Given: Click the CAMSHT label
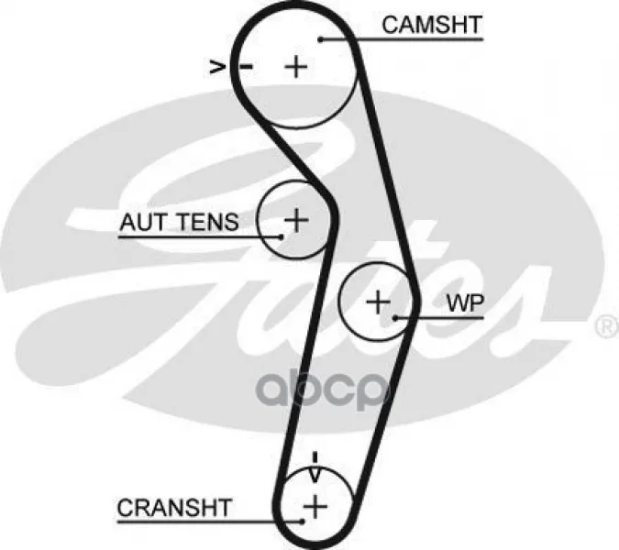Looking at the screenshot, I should (431, 25).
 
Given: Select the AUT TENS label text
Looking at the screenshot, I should (179, 222).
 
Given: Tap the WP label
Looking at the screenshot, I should (464, 303).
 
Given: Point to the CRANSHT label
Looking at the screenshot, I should (174, 507).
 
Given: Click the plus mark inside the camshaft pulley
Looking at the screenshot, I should (295, 66).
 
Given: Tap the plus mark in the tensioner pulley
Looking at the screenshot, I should (295, 219).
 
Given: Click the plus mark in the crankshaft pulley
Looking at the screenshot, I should (315, 504).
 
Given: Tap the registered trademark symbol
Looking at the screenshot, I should (607, 327).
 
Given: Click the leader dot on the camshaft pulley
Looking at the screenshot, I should (322, 38).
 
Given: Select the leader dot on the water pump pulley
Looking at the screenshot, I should (396, 318).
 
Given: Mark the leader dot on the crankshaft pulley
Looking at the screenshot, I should (301, 521).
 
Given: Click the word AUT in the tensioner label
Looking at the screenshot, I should (139, 222).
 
